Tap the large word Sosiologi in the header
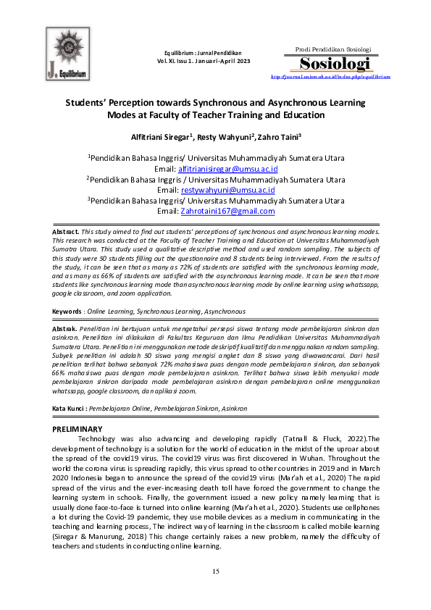click(335, 62)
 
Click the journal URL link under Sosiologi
click(335, 75)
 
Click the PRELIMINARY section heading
click(78, 430)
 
